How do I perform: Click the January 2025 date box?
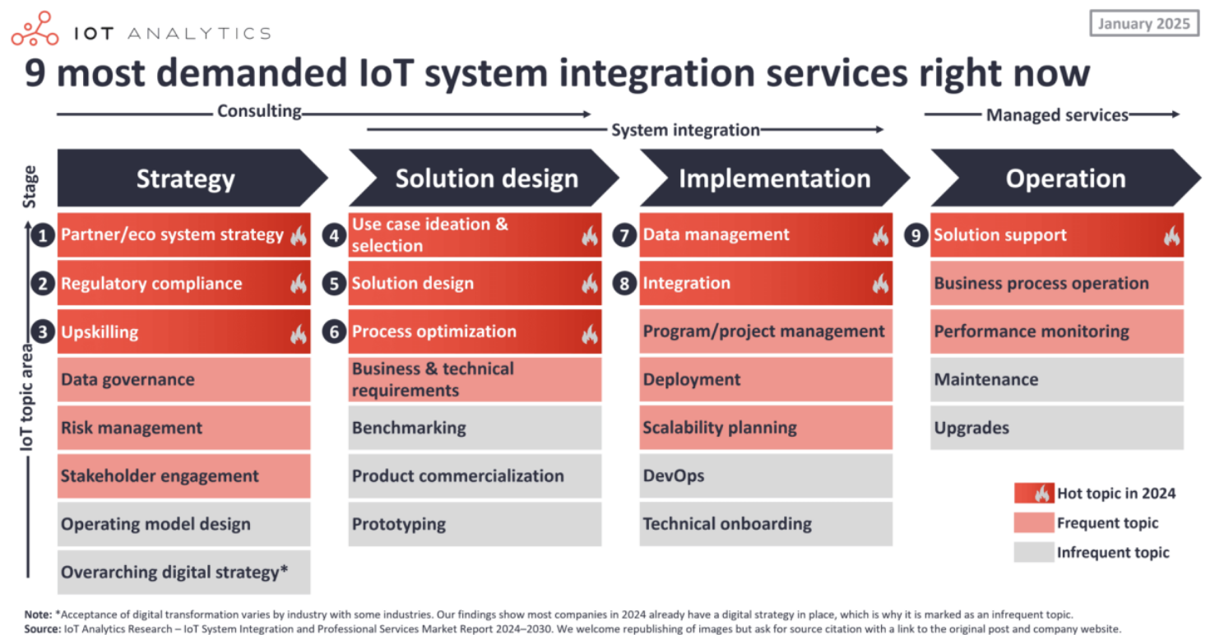pos(1144,24)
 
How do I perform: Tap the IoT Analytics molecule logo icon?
pos(35,29)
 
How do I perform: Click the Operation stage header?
pos(1065,178)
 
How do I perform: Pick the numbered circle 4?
pos(334,235)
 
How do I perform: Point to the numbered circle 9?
pos(916,235)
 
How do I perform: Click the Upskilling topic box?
pos(183,331)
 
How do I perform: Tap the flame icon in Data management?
pos(880,236)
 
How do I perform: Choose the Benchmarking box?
pos(475,428)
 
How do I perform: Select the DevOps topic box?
pos(766,475)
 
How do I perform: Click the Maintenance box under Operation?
pos(1057,379)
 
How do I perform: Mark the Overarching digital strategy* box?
pos(183,572)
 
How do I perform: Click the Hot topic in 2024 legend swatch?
pos(1034,493)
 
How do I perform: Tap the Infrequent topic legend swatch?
pos(1034,552)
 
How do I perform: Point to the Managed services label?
pos(1057,115)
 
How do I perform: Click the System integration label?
pos(685,130)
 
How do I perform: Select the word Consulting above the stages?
pos(259,111)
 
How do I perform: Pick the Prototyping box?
pos(475,524)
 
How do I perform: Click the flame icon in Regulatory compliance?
pos(299,284)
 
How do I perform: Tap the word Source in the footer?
pos(42,629)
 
